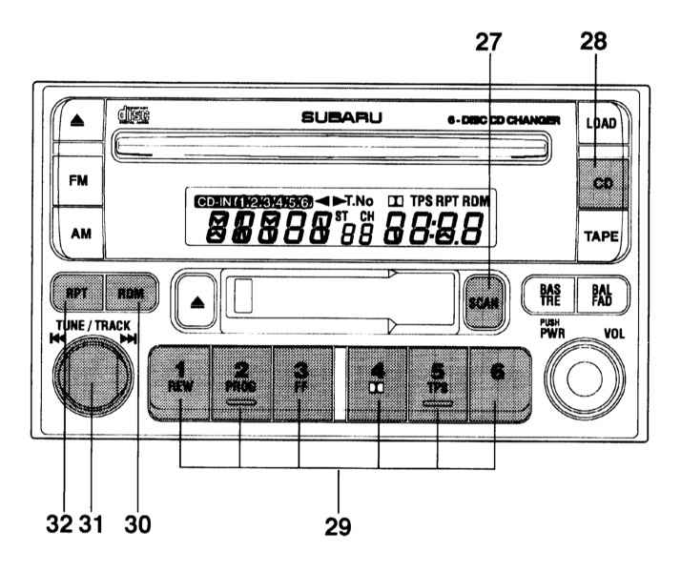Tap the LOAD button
(601, 123)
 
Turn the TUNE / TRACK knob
(90, 384)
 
